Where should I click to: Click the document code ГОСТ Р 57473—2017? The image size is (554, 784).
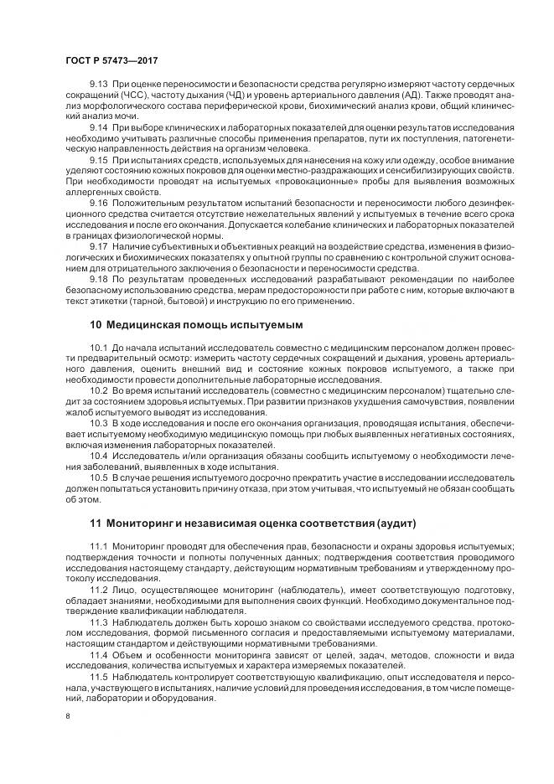tap(112, 61)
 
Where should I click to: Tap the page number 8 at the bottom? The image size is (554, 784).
tap(67, 716)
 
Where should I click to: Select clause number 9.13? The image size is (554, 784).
tap(99, 86)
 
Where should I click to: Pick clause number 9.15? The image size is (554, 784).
tap(99, 159)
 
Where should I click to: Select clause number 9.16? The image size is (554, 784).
tap(99, 205)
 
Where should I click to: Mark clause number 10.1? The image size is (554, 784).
tap(99, 348)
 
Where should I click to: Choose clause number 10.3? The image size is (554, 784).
tap(99, 423)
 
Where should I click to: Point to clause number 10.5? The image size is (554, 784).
tap(99, 478)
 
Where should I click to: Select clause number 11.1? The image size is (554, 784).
tap(99, 546)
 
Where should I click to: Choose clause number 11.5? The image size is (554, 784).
tap(99, 676)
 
